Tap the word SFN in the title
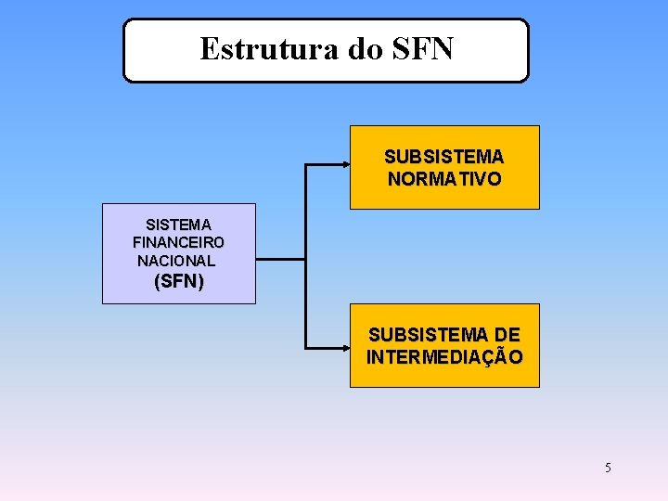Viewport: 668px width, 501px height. point(423,48)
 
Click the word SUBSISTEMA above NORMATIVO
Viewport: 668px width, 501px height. point(444,157)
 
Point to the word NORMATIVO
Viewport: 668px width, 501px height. point(444,178)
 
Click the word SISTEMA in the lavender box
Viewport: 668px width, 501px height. point(178,225)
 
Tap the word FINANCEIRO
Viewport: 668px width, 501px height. point(178,242)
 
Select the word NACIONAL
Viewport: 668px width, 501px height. point(176,261)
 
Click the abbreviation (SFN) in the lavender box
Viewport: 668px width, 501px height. point(178,281)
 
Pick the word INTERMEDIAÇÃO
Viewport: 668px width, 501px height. point(444,356)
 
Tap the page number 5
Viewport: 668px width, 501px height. point(608,468)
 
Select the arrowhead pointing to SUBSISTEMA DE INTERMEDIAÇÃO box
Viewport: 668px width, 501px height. point(343,347)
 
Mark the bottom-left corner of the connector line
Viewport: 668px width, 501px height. point(306,347)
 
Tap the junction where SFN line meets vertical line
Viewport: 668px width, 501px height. point(306,257)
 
